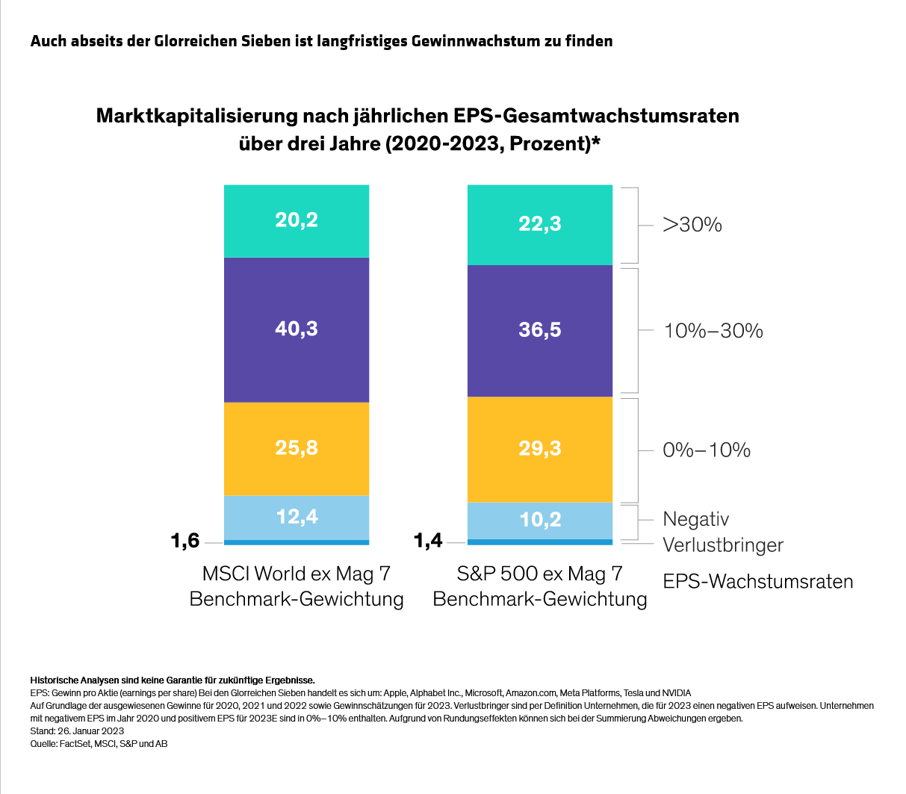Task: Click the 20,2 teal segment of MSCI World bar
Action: (297, 220)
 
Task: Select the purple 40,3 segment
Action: (297, 329)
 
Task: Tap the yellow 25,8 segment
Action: (297, 448)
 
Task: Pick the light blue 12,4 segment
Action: (297, 516)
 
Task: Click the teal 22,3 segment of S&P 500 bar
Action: (539, 224)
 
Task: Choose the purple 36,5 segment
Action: (539, 330)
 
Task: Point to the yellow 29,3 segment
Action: (539, 449)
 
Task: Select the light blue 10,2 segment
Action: (539, 519)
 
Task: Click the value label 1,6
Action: (185, 541)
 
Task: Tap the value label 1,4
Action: (429, 541)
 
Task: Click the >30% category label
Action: (692, 225)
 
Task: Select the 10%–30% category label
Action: (713, 331)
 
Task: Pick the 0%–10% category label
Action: (707, 450)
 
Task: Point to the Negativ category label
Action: (695, 519)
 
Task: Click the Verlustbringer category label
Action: (723, 545)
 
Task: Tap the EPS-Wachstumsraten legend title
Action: (758, 582)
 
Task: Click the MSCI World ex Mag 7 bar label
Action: (297, 586)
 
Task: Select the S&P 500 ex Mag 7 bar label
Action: (539, 586)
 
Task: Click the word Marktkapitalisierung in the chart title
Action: (196, 117)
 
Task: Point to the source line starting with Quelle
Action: (99, 743)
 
